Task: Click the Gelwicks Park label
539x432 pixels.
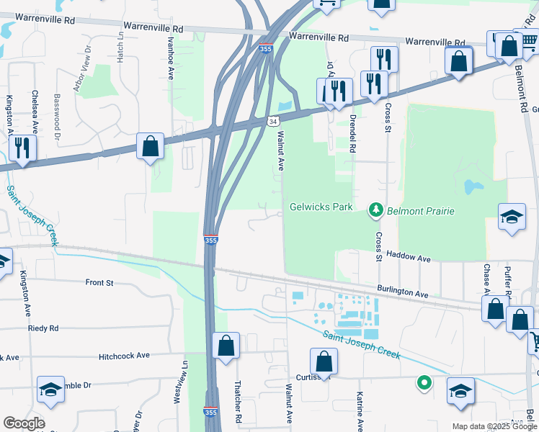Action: [321, 207]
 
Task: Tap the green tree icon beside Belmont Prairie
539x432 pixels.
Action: [375, 210]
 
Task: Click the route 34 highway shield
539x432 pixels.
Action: [273, 122]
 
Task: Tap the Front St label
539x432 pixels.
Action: [99, 283]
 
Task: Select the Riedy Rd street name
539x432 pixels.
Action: [43, 328]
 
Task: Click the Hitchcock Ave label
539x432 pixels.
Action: [124, 355]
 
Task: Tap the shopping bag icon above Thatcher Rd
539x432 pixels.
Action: [226, 346]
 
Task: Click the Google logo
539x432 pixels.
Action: [24, 423]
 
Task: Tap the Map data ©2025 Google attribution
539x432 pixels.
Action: [494, 426]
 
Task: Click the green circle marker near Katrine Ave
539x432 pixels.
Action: [424, 383]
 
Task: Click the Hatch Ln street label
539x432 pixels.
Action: [120, 49]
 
